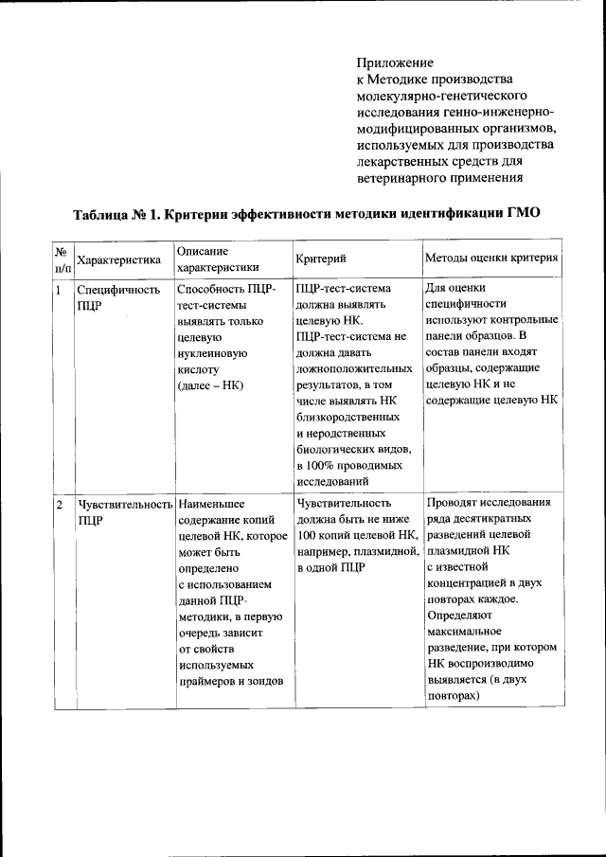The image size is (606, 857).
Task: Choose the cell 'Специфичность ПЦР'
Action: coord(118,297)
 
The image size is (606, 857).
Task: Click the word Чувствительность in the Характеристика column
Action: coord(126,504)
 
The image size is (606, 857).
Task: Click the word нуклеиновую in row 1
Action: coord(212,352)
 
